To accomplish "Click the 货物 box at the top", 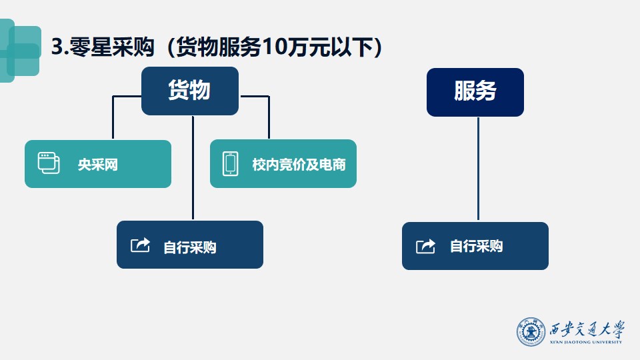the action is pos(190,91).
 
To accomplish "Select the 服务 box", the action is pos(475,92).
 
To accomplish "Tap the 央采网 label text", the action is pos(98,165).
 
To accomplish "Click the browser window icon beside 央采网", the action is pos(49,163).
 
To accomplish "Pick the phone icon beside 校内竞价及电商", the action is pos(230,164).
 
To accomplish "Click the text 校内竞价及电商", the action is pos(299,165).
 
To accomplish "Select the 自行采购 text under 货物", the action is pos(190,247).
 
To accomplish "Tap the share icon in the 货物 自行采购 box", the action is pos(140,245).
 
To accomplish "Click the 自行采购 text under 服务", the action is pos(476,246).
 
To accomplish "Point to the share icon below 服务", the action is pos(425,246).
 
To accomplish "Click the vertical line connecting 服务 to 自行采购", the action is pos(478,169).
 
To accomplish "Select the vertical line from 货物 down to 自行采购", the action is pos(193,168).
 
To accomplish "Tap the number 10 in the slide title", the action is pos(274,47).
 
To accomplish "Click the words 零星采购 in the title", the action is pos(112,47).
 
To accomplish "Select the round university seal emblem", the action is pos(531,332).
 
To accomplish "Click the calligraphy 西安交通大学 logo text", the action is pos(587,329).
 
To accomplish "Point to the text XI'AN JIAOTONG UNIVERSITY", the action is pos(586,342).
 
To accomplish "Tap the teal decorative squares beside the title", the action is pos(21,51).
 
